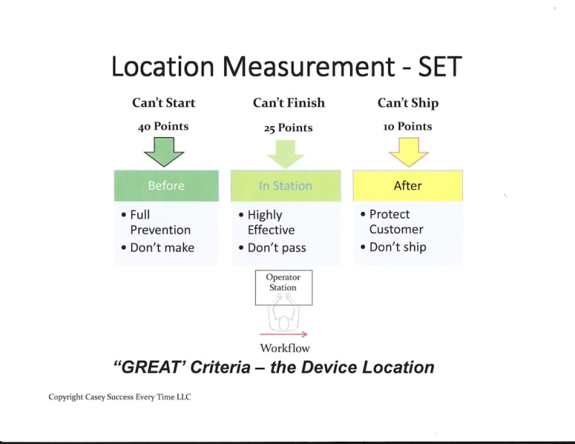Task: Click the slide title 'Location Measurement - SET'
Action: (x=285, y=66)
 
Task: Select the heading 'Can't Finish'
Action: (x=288, y=103)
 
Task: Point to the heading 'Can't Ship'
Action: (x=408, y=103)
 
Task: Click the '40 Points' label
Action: (x=163, y=126)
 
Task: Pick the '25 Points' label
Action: (x=287, y=127)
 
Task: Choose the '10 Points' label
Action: (x=408, y=126)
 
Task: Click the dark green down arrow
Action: (x=165, y=151)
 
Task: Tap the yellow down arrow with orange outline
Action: (x=408, y=151)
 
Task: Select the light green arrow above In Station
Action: (x=286, y=152)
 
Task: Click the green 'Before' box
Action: (x=166, y=185)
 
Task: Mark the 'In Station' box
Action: (x=285, y=185)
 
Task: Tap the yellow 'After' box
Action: (x=408, y=185)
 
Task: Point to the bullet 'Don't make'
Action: (x=162, y=247)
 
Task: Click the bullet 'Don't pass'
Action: (x=277, y=248)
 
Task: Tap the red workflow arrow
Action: (x=283, y=334)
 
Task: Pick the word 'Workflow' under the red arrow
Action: (x=285, y=348)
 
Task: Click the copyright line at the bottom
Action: (x=120, y=397)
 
